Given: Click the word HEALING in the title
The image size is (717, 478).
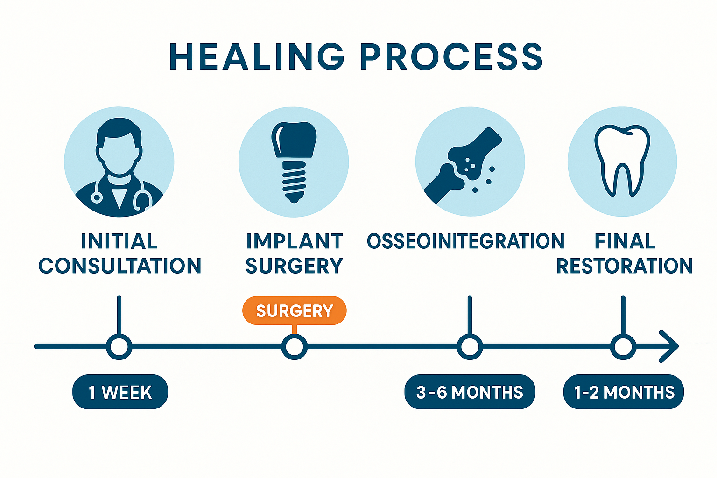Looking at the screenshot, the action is pyautogui.click(x=257, y=57).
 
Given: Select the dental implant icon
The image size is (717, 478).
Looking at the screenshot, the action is pyautogui.click(x=294, y=161).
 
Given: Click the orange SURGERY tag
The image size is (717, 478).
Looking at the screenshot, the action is pyautogui.click(x=294, y=310).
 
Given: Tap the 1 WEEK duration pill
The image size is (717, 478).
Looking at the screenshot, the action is pyautogui.click(x=120, y=392).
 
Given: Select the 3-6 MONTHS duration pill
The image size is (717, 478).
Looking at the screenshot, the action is pyautogui.click(x=470, y=392).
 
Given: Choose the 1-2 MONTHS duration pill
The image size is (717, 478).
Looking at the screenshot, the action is pyautogui.click(x=624, y=392).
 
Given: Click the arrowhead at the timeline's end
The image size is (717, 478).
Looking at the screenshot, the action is pyautogui.click(x=670, y=346).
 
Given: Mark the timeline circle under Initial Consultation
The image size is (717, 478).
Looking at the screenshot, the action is pyautogui.click(x=119, y=347).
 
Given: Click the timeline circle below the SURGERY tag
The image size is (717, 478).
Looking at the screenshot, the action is pyautogui.click(x=294, y=347).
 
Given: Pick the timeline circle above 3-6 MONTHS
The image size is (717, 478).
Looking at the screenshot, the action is pyautogui.click(x=470, y=347).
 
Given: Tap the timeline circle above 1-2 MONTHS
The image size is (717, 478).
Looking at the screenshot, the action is pyautogui.click(x=623, y=347).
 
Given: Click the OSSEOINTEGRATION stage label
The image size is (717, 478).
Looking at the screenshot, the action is pyautogui.click(x=465, y=241).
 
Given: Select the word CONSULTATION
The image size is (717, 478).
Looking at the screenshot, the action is pyautogui.click(x=120, y=266).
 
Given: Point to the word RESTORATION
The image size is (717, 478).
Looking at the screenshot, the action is pyautogui.click(x=625, y=266).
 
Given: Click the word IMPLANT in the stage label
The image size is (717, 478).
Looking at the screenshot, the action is pyautogui.click(x=294, y=241).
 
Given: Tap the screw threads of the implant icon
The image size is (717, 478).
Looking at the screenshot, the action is pyautogui.click(x=294, y=181).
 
